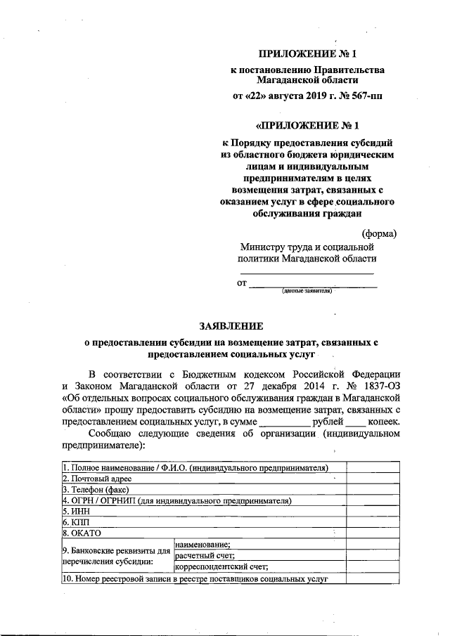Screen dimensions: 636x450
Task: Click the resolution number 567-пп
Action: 366,95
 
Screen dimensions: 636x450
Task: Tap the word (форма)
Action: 379,233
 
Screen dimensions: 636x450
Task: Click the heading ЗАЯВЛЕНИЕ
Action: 231,326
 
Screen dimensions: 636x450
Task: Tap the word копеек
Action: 385,422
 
